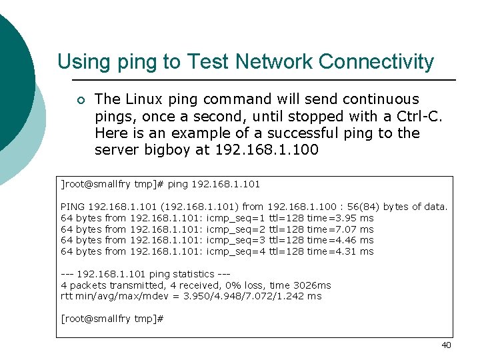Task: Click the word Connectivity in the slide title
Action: (376, 62)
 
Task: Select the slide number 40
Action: (446, 345)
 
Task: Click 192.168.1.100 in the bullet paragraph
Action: (267, 150)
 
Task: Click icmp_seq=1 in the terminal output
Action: (236, 218)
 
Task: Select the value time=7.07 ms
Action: (340, 229)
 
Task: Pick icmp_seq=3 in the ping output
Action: (236, 240)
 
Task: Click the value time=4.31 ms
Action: (340, 251)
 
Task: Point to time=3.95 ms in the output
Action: (340, 218)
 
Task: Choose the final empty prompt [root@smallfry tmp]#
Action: (112, 319)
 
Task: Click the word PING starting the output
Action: (73, 207)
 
